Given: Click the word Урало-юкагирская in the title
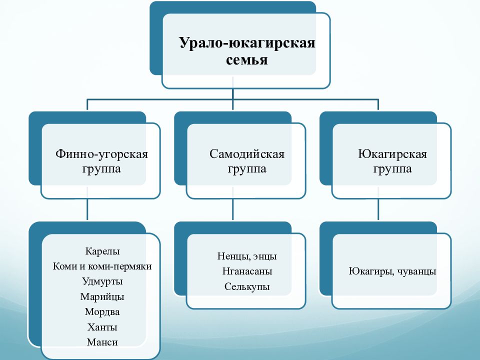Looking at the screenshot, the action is click(247, 43).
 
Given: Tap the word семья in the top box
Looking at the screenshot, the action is click(246, 59).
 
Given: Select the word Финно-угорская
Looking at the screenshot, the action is click(101, 154).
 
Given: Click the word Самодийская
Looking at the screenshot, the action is click(246, 154).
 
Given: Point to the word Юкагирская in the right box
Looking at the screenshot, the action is click(392, 153).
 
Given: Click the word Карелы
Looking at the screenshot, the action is click(102, 251).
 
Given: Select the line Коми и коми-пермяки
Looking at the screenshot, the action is click(102, 266).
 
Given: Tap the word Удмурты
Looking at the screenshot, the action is click(102, 281).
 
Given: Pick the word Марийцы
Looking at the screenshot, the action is click(102, 296).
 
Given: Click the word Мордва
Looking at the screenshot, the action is click(102, 311).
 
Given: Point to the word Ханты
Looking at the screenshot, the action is click(102, 327).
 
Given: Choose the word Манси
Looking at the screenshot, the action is click(102, 342).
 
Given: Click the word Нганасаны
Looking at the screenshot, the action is click(247, 271).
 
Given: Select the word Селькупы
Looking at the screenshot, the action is click(247, 286).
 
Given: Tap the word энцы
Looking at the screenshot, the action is click(264, 256).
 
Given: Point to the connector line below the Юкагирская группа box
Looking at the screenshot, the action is click(378, 209).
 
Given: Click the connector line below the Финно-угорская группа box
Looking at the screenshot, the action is click(87, 209).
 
